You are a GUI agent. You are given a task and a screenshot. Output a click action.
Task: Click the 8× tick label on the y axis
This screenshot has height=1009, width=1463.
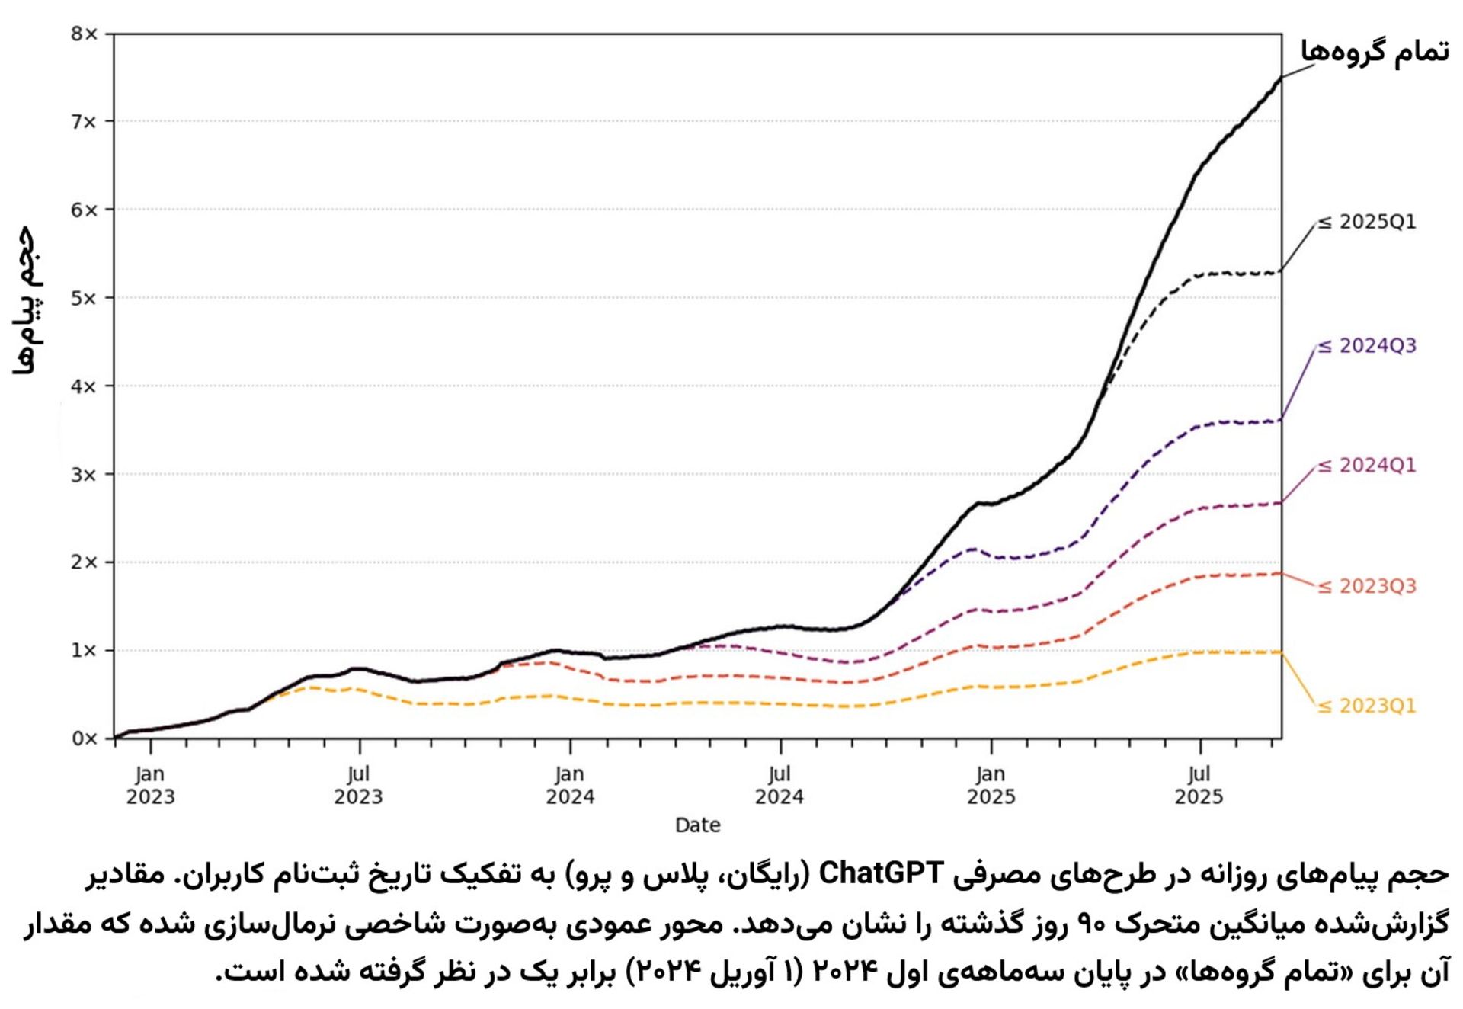(x=84, y=34)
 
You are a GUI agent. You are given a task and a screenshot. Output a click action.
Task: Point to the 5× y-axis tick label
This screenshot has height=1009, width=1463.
(x=84, y=298)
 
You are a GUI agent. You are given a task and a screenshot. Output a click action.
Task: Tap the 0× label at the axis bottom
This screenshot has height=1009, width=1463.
(x=84, y=738)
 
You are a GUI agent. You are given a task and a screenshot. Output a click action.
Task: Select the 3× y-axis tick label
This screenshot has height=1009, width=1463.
(x=84, y=475)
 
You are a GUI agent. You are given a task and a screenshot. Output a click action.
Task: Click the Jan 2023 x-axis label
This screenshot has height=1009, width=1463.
(x=150, y=786)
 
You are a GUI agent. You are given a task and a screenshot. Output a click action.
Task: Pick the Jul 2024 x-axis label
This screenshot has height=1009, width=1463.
(x=779, y=786)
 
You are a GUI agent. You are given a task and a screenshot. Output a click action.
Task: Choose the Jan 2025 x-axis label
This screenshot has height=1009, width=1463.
(x=991, y=786)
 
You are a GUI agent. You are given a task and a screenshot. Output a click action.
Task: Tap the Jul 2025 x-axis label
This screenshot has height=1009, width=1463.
(x=1199, y=786)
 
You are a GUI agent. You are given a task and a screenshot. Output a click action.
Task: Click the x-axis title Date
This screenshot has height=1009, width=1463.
(x=697, y=825)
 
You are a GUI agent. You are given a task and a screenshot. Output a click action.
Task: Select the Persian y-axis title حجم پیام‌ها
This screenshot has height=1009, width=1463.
(x=26, y=299)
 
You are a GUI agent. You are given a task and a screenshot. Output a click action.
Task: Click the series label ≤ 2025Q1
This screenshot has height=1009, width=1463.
(x=1367, y=222)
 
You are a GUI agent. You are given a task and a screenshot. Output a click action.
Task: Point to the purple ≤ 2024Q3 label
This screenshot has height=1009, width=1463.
(x=1367, y=346)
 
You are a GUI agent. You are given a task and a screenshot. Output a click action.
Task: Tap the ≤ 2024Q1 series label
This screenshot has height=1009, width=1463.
(x=1367, y=466)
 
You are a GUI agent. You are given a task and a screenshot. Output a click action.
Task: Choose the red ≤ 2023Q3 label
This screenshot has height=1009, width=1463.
(x=1367, y=586)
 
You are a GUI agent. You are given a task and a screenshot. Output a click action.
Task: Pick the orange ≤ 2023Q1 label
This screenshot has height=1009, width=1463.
(x=1367, y=706)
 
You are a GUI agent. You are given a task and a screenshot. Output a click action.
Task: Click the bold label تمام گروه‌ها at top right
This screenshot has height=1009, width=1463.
(x=1374, y=52)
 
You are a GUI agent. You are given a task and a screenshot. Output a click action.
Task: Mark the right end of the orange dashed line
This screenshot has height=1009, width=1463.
(x=1280, y=652)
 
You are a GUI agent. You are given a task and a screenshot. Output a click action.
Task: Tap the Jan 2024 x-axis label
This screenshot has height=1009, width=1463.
(x=570, y=786)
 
